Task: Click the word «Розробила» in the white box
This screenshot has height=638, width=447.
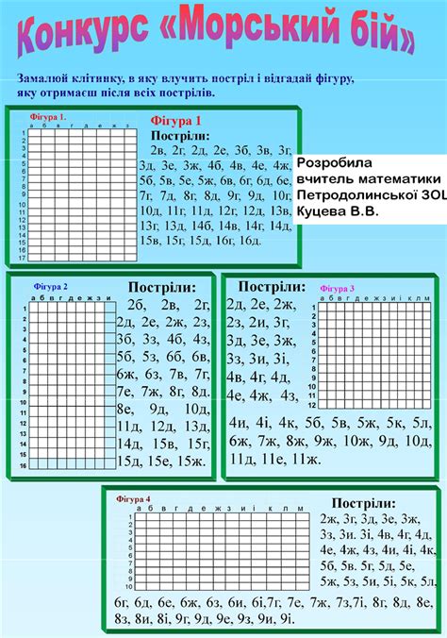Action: (x=334, y=162)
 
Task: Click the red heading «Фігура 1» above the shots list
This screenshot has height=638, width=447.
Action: (x=176, y=121)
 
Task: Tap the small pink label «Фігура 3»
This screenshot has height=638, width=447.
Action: (x=338, y=288)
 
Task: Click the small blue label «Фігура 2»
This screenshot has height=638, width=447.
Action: (x=51, y=285)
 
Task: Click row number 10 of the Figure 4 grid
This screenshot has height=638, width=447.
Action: (x=129, y=585)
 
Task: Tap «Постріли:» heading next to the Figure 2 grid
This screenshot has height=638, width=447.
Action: (x=162, y=287)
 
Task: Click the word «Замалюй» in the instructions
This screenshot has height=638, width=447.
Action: (x=41, y=79)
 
